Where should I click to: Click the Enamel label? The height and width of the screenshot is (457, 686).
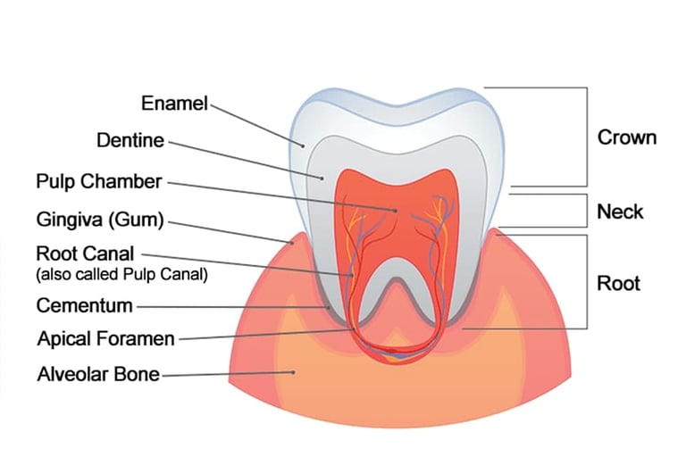point(174,104)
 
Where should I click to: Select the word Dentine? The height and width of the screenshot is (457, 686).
point(130,140)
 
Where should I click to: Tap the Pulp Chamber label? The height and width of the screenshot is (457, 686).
point(99,182)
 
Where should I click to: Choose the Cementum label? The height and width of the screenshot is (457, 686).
point(84,306)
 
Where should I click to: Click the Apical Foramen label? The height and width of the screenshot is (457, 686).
point(105,339)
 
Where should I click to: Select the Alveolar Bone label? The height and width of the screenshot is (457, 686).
point(98,374)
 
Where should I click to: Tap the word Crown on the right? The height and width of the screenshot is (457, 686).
point(627,137)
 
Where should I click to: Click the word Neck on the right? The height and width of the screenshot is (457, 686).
point(620,212)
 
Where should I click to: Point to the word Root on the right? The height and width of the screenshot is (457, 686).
point(619,284)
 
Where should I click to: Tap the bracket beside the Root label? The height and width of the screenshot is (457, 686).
point(586,281)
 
